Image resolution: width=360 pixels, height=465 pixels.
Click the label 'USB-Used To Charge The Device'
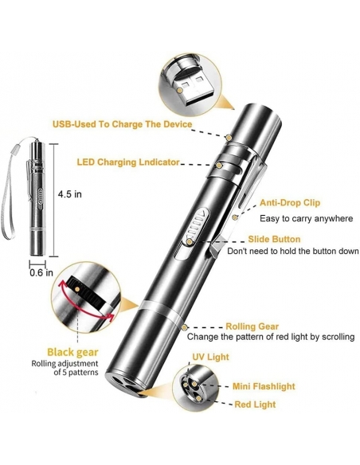click(122, 124)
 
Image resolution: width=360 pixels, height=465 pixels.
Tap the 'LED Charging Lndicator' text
click(128, 162)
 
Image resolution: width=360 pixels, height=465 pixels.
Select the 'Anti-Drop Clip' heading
click(290, 203)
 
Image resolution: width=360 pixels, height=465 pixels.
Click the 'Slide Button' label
click(274, 239)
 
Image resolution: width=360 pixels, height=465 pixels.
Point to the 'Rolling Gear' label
click(252, 326)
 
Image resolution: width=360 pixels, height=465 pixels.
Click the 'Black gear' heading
click(72, 352)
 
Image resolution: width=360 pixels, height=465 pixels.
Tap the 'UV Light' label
click(210, 357)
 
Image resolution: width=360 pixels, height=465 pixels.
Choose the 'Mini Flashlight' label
click(264, 386)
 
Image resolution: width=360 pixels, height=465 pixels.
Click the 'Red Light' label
click(255, 404)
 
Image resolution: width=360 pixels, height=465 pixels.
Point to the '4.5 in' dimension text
click(69, 194)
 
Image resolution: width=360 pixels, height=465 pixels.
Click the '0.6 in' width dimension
click(41, 272)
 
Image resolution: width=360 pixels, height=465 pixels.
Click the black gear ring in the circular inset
click(86, 292)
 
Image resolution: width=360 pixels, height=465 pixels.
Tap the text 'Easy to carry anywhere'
click(307, 218)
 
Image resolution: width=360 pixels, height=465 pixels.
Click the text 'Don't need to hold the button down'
click(293, 251)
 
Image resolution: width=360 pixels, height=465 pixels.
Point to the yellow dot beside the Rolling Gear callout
click(185, 327)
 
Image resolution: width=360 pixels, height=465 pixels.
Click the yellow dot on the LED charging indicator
click(219, 165)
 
